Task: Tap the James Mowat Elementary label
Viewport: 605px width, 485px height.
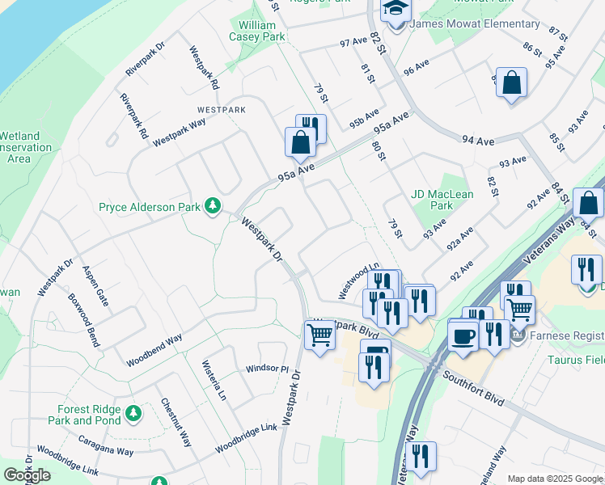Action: (475, 24)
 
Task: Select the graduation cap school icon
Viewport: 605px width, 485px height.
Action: (396, 11)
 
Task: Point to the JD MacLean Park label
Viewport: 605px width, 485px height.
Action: (442, 199)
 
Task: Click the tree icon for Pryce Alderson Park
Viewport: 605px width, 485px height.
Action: (213, 207)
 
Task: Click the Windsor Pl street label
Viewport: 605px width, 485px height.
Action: (267, 369)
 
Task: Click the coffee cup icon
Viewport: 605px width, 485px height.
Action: (463, 337)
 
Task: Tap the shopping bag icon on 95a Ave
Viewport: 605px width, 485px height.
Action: (300, 142)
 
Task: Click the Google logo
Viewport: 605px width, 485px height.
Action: (27, 475)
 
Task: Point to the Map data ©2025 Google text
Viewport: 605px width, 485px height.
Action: (555, 479)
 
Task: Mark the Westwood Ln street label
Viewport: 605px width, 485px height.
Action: (358, 279)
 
